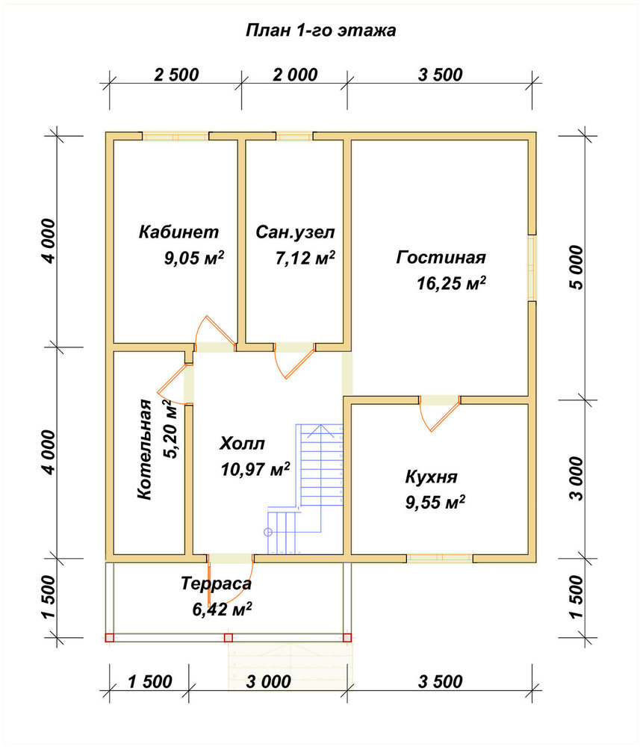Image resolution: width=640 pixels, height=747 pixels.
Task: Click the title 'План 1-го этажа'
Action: pos(320,31)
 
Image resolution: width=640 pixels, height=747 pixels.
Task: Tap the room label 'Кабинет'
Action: pos(178,232)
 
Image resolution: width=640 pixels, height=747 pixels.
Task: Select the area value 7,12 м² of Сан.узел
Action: pos(305,258)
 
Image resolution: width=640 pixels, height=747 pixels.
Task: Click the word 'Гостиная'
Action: pos(441,257)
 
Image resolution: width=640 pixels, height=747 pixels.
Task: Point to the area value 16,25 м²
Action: pos(451,283)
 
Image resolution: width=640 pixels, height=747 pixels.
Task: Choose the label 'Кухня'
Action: pos(432,477)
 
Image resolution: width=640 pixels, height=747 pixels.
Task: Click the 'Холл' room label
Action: pos(242,444)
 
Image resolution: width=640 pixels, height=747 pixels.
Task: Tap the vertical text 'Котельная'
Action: pos(144,450)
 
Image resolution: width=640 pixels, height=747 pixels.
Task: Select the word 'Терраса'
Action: pos(216,583)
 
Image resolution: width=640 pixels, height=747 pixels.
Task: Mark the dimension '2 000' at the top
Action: pos(295,75)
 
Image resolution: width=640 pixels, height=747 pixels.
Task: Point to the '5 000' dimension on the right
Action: pos(576,267)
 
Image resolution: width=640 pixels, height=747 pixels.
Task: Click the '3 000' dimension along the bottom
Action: pos(269,682)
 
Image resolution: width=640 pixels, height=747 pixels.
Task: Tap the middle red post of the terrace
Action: pos(229,637)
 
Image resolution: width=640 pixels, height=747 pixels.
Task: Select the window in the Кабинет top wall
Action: pos(175,136)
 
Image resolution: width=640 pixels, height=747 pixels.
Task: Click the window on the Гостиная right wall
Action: pos(532,267)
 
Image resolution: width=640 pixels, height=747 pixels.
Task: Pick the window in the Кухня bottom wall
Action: pos(440,558)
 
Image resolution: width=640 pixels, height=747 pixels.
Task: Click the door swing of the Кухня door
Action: pos(439,415)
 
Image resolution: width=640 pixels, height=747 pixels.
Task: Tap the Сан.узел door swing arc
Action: pos(293,361)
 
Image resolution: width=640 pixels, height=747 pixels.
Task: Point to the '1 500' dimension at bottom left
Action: pos(149,682)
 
